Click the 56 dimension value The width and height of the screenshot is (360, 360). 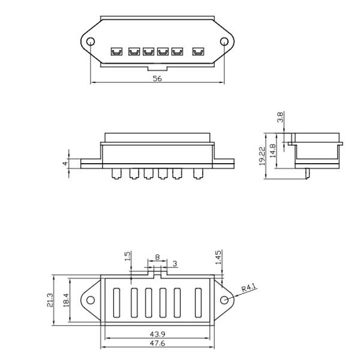157,79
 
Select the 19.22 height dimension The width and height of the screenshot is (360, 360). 262,156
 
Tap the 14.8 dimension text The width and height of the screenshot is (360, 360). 272,151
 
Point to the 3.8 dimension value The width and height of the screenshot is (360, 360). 280,117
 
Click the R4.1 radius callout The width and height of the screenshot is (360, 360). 248,287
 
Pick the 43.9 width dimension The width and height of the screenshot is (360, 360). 157,334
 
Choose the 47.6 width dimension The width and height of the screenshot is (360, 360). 157,343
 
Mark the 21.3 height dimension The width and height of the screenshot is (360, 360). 50,300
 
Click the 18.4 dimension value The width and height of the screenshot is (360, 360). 66,300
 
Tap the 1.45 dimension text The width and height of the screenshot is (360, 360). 218,257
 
